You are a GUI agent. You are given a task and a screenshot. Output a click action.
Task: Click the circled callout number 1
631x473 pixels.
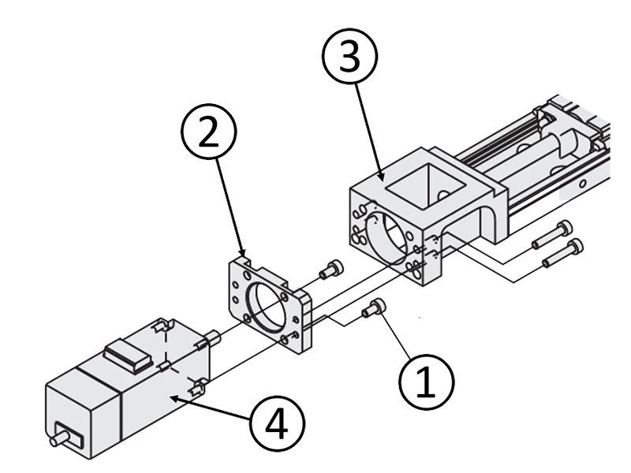[x=425, y=382]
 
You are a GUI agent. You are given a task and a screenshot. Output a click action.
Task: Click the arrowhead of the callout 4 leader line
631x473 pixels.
[x=172, y=399]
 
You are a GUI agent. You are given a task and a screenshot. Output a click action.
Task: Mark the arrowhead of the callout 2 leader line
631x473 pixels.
[x=244, y=255]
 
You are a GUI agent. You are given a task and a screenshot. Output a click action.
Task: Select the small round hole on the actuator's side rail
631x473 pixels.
[x=581, y=183]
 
